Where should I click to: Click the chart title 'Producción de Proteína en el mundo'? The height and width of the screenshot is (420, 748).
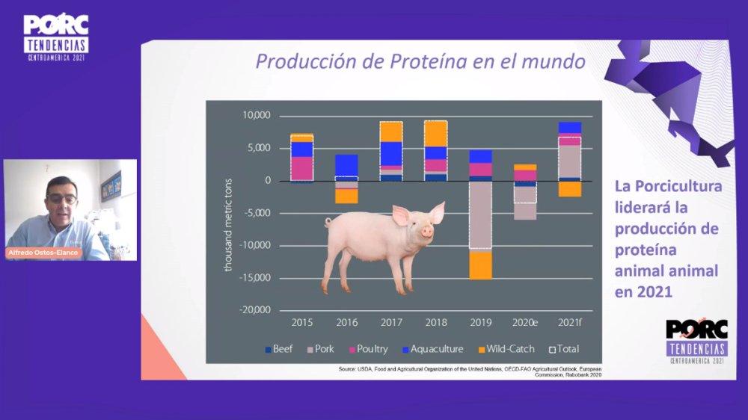(x=420, y=61)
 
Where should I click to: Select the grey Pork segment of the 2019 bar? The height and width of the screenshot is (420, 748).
(x=481, y=214)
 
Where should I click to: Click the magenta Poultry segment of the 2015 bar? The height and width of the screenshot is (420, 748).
(x=302, y=168)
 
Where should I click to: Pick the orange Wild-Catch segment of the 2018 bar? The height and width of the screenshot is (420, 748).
(x=435, y=133)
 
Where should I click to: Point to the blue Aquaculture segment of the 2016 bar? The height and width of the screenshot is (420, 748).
(x=346, y=165)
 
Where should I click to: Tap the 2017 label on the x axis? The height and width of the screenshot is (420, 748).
(x=390, y=323)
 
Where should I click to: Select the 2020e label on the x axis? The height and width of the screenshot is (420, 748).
(x=525, y=323)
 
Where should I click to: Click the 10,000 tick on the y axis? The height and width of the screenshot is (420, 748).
(x=257, y=116)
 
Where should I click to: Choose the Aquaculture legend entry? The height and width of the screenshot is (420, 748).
(x=432, y=349)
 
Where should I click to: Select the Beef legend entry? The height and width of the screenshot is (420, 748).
(x=278, y=349)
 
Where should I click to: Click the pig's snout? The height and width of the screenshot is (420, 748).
(x=427, y=232)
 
